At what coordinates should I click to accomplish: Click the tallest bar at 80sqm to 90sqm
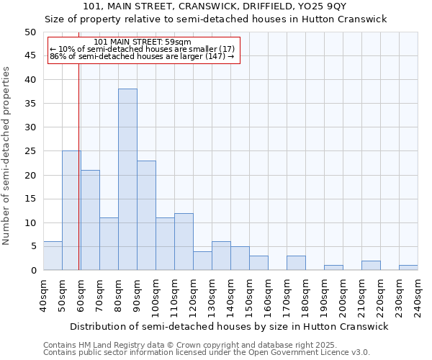click(x=127, y=179)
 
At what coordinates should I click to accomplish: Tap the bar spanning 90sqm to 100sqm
click(x=146, y=215)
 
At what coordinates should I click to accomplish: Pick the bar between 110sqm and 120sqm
click(x=184, y=241)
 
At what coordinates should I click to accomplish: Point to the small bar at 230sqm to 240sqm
click(x=408, y=268)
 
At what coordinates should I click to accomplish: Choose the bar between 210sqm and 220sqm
click(x=371, y=266)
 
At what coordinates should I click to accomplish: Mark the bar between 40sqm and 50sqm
click(x=53, y=256)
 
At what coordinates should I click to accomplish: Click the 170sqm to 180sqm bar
click(x=296, y=263)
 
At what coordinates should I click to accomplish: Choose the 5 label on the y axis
click(x=32, y=246)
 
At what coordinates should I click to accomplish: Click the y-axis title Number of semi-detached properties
click(x=7, y=156)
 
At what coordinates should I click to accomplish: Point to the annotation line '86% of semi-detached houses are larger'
click(x=143, y=56)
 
